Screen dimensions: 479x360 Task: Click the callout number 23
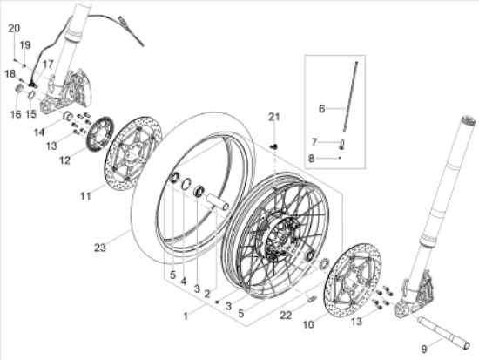click(x=100, y=248)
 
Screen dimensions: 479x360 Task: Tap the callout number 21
click(x=274, y=117)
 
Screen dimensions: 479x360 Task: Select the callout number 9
click(x=424, y=349)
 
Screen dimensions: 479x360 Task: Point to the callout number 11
click(x=85, y=196)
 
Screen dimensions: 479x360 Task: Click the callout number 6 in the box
click(x=321, y=109)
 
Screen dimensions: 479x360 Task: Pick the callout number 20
click(x=14, y=28)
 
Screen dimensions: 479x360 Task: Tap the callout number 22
click(x=286, y=315)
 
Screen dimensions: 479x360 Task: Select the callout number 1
click(x=186, y=316)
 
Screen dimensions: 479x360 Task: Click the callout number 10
click(x=308, y=324)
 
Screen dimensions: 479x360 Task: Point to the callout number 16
click(x=16, y=114)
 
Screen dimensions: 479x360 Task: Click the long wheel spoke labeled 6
click(x=350, y=97)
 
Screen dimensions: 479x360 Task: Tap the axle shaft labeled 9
click(x=443, y=333)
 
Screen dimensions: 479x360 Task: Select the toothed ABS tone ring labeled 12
click(x=100, y=134)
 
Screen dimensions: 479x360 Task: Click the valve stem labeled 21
click(x=274, y=146)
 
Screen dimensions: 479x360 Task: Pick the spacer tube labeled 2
click(x=217, y=202)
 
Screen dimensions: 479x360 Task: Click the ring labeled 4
click(x=186, y=184)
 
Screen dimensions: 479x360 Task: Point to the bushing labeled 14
click(x=68, y=117)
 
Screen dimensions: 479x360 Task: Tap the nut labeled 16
click(x=18, y=88)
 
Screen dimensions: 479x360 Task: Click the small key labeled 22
click(x=312, y=298)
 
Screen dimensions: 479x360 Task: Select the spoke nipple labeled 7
click(x=342, y=145)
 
